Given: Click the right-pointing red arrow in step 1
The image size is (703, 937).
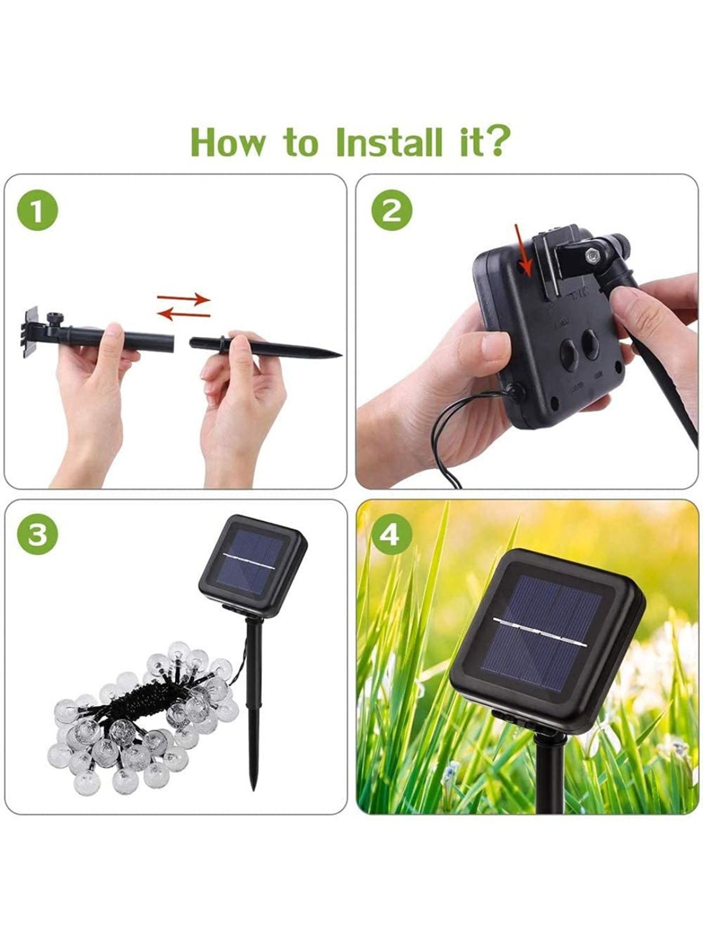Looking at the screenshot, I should point(184,298).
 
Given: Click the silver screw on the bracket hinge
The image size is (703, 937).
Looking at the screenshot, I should point(593,255).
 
